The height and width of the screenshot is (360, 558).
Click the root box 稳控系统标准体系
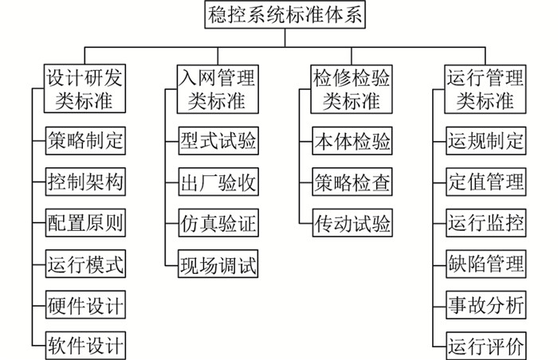285,14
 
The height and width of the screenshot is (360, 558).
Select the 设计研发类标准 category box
84,88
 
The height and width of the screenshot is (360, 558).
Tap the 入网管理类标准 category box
218,89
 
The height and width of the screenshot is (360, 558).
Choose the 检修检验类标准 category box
352,89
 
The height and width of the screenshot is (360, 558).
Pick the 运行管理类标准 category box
485,89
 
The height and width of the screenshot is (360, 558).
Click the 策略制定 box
85,140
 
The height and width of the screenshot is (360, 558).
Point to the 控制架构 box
85,182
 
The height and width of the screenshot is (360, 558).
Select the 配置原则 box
85,223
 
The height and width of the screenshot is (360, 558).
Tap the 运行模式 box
85,264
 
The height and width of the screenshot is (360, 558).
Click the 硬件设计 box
85,305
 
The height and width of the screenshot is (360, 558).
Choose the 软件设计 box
85,346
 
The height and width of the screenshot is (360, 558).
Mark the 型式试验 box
218,140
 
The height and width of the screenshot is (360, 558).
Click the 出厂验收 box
218,182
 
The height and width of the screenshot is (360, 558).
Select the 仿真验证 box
218,223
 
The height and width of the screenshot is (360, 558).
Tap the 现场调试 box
218,264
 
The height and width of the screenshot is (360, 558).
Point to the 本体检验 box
352,140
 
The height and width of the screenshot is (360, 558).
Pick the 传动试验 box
352,223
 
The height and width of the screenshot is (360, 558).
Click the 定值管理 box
486,182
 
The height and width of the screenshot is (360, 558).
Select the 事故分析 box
486,305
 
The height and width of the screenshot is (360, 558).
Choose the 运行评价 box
486,346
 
